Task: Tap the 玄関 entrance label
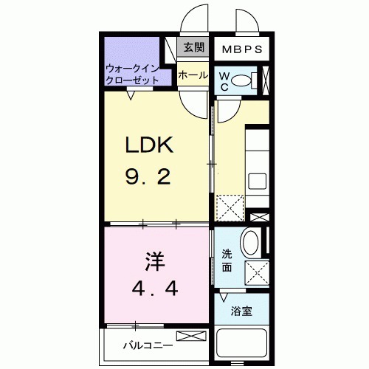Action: click(x=193, y=49)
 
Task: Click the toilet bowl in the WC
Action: click(x=248, y=80)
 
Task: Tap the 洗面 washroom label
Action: click(x=227, y=261)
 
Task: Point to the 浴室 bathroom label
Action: click(x=242, y=311)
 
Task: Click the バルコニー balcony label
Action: click(x=148, y=345)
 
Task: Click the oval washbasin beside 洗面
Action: click(x=251, y=241)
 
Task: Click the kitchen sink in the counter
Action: click(x=258, y=180)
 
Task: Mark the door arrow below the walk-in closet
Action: click(x=131, y=92)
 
